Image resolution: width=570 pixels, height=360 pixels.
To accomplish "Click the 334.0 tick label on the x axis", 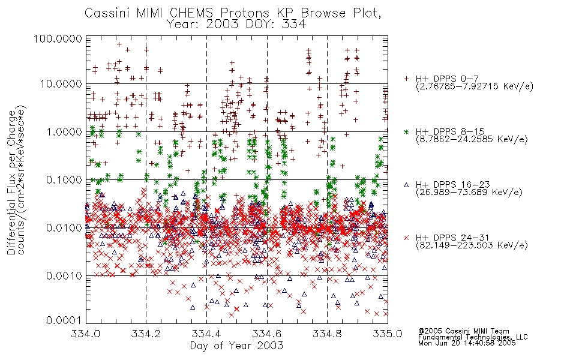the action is [85, 334].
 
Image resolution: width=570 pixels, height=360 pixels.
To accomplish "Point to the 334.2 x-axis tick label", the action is [146, 334].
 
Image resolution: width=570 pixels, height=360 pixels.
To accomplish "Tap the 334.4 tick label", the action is [206, 334].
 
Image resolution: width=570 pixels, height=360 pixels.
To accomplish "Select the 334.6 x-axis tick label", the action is [267, 334].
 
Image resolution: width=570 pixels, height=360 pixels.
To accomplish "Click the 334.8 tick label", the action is [327, 334].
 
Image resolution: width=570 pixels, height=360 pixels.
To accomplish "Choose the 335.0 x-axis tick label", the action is [388, 334].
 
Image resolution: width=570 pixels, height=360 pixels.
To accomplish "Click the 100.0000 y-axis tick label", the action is [58, 38].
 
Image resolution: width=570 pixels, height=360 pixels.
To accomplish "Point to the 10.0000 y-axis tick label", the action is [61, 84].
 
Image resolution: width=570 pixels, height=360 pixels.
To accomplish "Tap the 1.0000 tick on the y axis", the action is [64, 131].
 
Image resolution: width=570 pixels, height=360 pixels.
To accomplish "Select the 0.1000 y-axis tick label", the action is [64, 179].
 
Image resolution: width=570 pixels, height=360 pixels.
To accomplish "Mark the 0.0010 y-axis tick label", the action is [64, 275].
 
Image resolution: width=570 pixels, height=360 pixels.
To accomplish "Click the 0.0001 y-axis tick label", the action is [64, 320].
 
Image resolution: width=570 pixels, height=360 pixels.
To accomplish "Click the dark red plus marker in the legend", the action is [406, 78].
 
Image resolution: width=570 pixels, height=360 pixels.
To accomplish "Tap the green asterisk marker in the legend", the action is [406, 131].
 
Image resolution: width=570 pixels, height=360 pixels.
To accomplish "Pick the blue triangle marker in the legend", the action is [406, 185].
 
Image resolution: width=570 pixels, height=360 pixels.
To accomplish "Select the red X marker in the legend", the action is [406, 238].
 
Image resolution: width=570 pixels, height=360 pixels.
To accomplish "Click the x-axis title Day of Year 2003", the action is [236, 346].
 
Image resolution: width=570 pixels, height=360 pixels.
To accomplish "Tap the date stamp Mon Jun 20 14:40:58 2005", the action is [467, 343].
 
